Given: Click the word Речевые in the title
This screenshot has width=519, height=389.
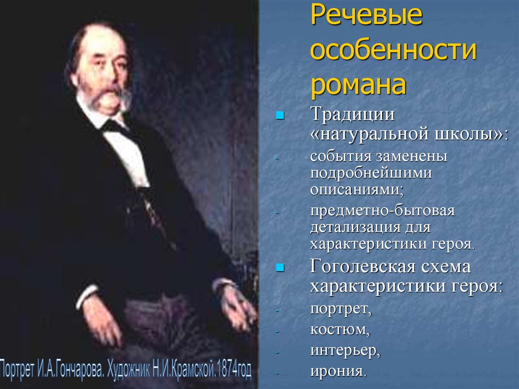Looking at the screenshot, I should coord(366,17).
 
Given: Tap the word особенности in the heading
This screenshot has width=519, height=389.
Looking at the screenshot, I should coord(394,51).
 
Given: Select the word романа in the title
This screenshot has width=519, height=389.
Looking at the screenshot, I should coord(358,85).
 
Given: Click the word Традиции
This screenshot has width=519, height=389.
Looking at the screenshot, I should coord(353,115).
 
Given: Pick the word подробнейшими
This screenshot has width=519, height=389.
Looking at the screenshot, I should coord(372,173).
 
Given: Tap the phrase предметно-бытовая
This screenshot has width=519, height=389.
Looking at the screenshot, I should coord(383,210).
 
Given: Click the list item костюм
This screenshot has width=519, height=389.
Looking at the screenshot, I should coord(340,329).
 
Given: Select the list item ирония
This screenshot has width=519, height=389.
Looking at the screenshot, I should coord(338,371).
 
